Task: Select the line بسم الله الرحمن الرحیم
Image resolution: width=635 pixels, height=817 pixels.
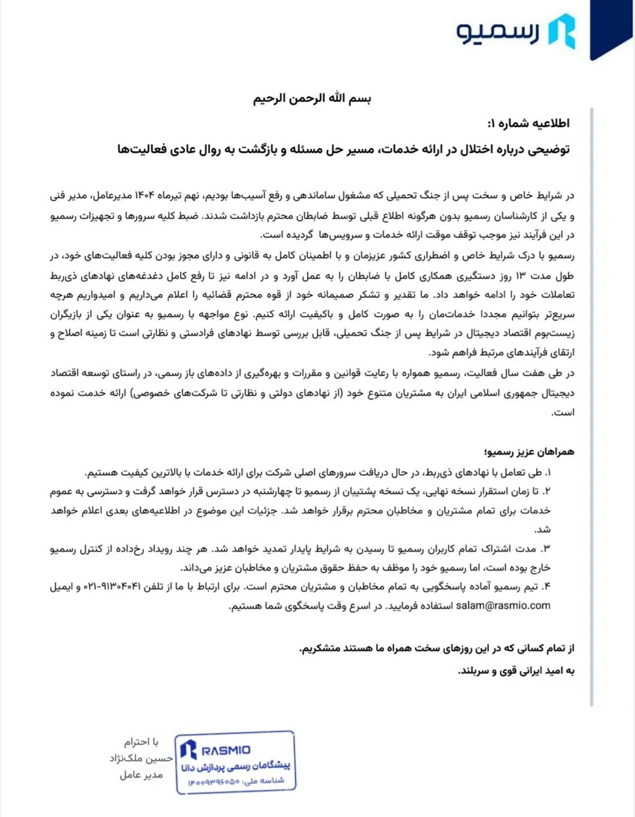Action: coord(312,98)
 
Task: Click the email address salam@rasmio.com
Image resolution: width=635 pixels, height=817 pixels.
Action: coord(503,606)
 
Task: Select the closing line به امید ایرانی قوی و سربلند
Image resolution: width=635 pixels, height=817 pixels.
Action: coord(517,671)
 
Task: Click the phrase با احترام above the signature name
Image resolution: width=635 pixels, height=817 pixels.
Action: coord(141,742)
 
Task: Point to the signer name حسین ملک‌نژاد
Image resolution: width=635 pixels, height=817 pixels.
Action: coord(142,758)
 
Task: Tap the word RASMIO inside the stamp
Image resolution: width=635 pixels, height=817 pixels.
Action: coord(225,750)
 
